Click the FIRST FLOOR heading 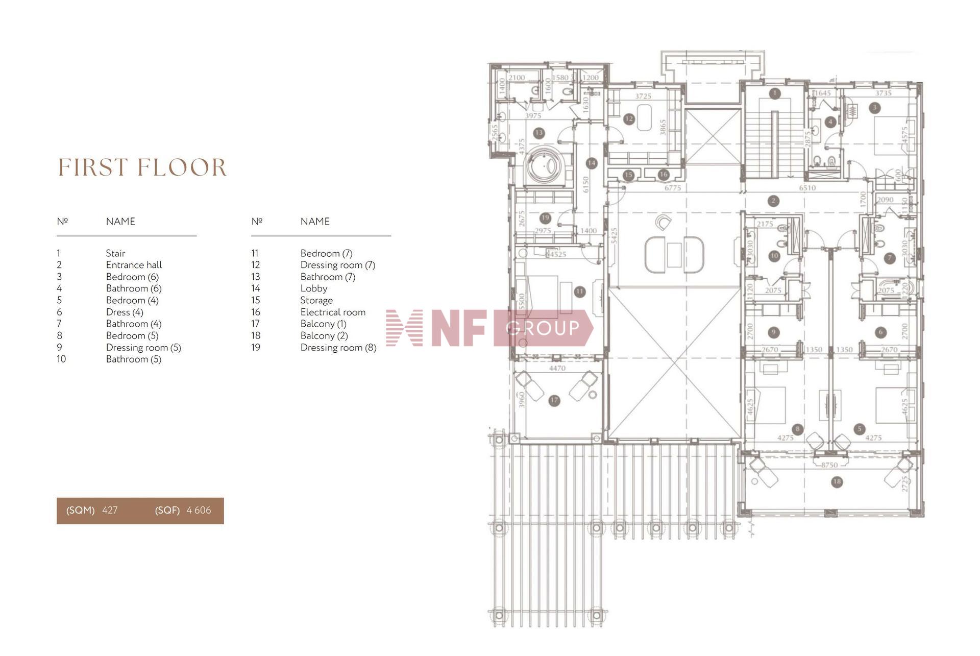point(142,168)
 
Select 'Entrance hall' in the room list point(134,265)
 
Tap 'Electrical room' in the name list point(333,312)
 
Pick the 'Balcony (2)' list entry point(324,335)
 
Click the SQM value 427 point(110,510)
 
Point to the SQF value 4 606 point(199,510)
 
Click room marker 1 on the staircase point(775,93)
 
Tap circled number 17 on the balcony point(554,401)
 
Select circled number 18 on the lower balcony point(836,481)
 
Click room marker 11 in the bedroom point(579,291)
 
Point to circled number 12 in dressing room point(629,119)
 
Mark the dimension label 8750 point(829,465)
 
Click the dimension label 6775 point(673,188)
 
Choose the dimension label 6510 point(807,188)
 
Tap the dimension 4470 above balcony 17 point(557,368)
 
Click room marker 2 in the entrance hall point(773,201)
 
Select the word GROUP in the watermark point(544,328)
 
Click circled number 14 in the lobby point(591,163)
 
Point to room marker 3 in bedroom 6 point(874,108)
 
